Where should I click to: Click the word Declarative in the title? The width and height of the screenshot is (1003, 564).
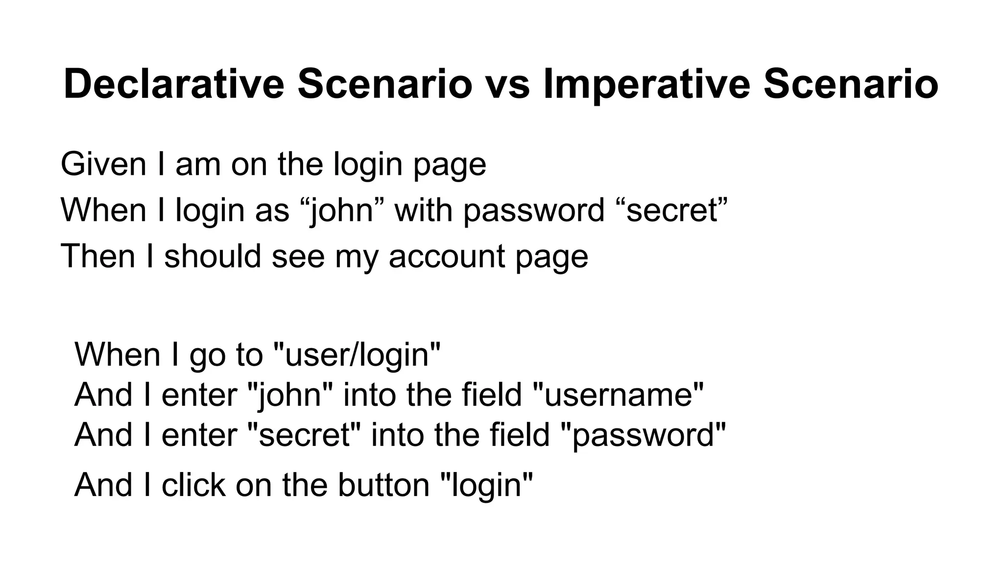(x=174, y=84)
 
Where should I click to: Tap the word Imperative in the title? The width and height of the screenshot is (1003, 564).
(x=646, y=84)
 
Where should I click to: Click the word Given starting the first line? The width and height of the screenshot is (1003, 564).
(x=103, y=164)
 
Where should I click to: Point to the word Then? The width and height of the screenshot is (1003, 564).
(x=97, y=256)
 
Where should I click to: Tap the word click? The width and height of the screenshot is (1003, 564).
(x=193, y=485)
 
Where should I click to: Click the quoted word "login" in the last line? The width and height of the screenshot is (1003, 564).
(x=487, y=485)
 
